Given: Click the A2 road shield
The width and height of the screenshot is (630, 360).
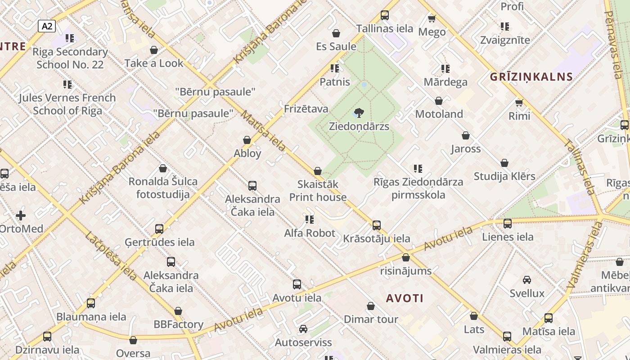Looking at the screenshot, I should (47, 26).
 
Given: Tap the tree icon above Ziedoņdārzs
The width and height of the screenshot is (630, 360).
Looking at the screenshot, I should (359, 112).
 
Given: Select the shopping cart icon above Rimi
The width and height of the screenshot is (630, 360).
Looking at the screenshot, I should (519, 103).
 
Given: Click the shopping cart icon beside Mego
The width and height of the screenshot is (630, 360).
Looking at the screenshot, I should (432, 18).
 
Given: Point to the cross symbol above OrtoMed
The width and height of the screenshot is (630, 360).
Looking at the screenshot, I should (21, 216).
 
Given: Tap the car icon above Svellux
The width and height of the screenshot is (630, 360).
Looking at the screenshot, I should (527, 280).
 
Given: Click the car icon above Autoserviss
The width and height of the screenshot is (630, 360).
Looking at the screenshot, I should (303, 329).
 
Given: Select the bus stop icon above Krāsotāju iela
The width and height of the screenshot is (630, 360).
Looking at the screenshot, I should (377, 225).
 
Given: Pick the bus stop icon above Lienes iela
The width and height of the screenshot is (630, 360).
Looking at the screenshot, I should (508, 223).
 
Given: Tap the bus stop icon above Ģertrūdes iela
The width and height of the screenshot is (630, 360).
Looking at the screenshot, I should (159, 229).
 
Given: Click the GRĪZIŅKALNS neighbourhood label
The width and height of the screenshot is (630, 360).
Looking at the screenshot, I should (531, 76).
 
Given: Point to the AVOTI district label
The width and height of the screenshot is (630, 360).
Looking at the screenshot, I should (405, 298).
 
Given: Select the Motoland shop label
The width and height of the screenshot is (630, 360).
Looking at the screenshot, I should (439, 114).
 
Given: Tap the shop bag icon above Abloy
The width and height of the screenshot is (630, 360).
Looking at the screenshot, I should (247, 140).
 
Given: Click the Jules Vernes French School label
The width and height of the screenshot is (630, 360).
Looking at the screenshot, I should (67, 104).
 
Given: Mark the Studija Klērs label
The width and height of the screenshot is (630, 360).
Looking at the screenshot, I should (504, 176).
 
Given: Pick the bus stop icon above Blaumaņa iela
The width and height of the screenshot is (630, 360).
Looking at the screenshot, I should (91, 303).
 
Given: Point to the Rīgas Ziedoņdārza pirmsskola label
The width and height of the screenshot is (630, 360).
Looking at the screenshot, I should (418, 188).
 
